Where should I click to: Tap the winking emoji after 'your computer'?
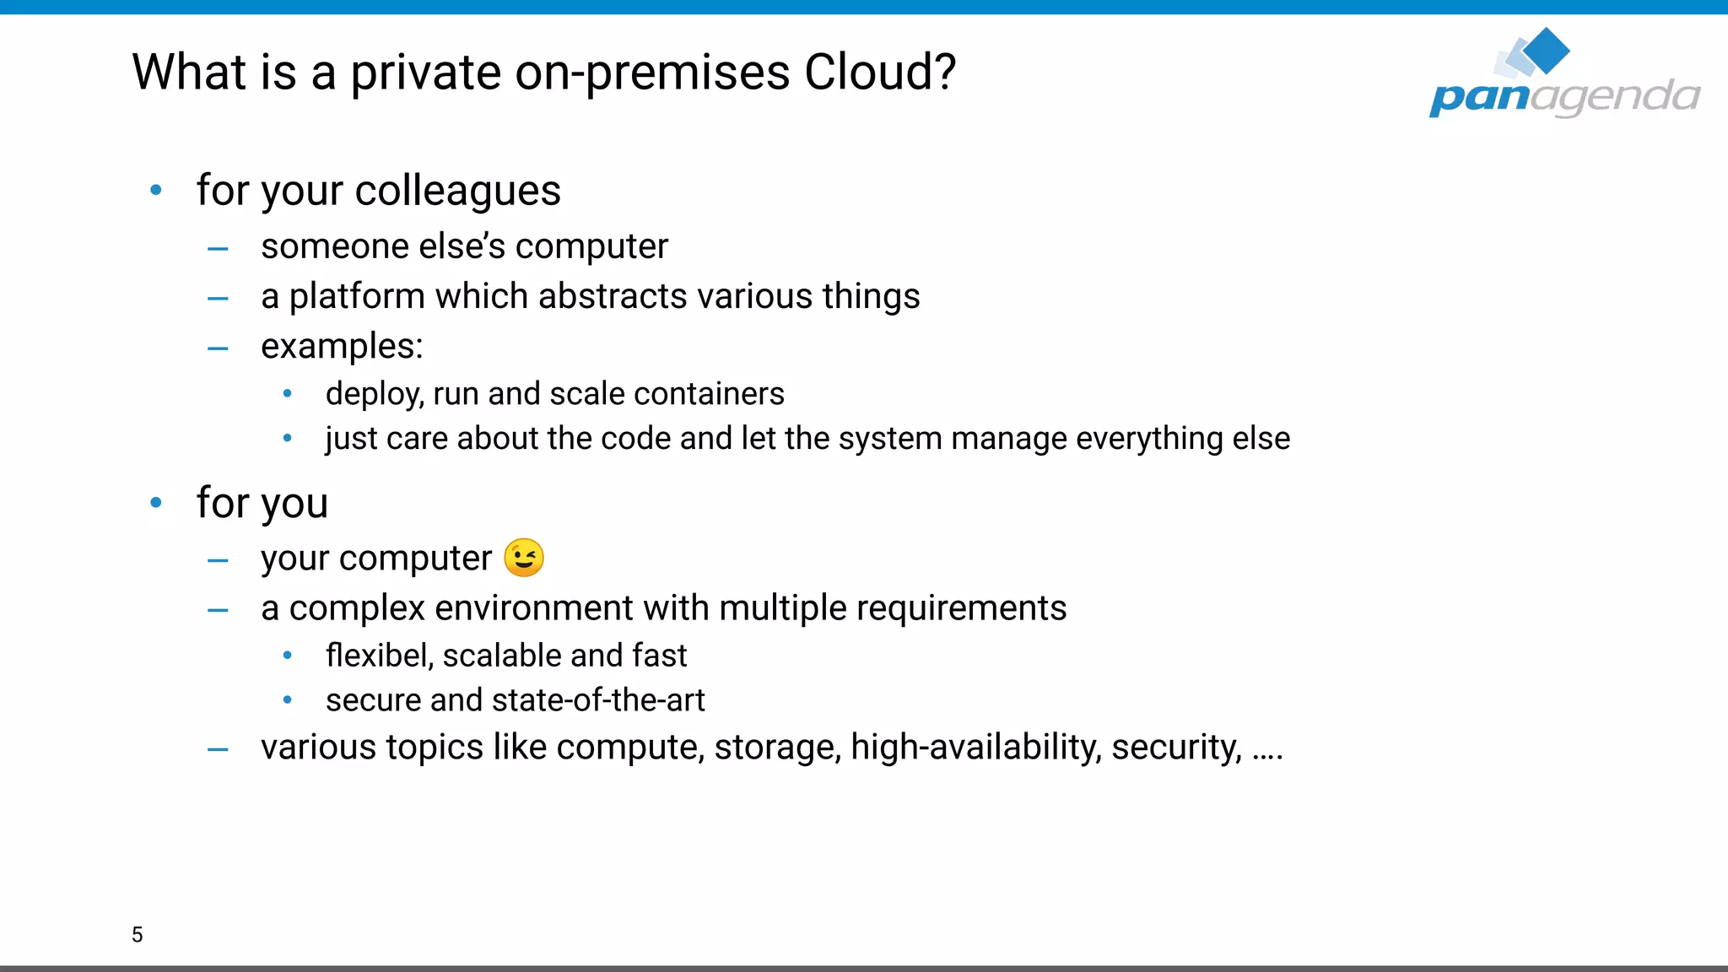[524, 558]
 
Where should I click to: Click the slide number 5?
[138, 934]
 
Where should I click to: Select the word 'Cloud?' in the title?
[880, 72]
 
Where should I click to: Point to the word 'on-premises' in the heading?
[653, 73]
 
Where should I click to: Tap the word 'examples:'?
[342, 347]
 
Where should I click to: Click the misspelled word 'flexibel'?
[379, 656]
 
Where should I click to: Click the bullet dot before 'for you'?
[156, 503]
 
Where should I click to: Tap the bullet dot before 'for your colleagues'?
[156, 191]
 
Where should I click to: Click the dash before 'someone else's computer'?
[218, 249]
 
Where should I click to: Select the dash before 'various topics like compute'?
[218, 749]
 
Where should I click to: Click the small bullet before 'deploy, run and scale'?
[288, 393]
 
